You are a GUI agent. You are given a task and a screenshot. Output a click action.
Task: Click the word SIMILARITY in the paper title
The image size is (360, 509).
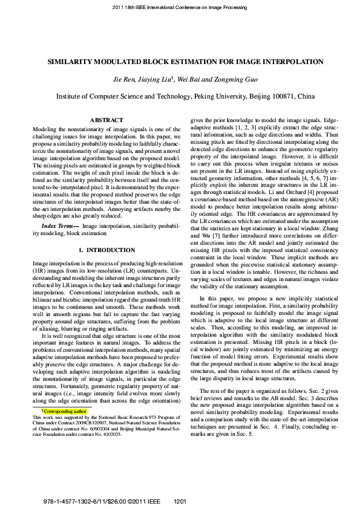point(71,62)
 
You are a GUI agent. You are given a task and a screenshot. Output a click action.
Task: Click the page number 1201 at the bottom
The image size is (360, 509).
point(180,502)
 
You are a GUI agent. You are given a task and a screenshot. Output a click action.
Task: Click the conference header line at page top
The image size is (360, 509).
point(180,7)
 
